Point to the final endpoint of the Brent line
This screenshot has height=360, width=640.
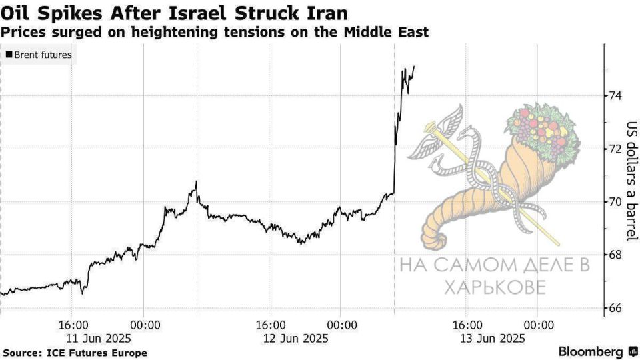tap(414, 66)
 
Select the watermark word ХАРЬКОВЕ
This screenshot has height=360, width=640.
tap(495, 287)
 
